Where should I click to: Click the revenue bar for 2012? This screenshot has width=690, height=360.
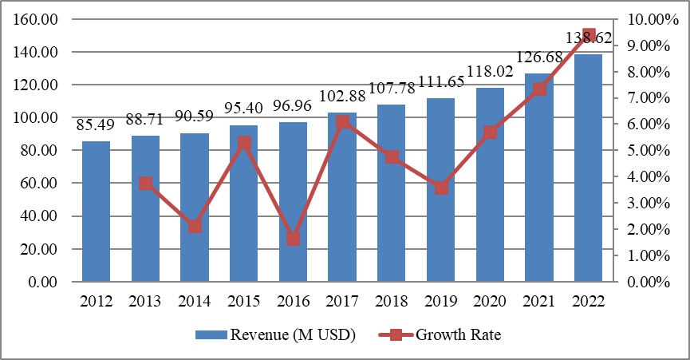pos(96,212)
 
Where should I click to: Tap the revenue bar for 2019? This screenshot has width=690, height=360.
pos(440,231)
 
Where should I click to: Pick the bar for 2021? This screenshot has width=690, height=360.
pos(539,200)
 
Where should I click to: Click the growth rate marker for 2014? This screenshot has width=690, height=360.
pos(195,226)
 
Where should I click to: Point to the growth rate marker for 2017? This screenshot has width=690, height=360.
pos(342,122)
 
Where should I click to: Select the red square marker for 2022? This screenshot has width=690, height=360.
pos(589,35)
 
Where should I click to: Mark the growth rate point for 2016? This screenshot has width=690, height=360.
pos(293,239)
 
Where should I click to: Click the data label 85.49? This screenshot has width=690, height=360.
pos(96,125)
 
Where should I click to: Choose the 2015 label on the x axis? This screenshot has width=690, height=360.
pos(243,302)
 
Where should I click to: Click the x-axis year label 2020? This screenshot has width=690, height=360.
pos(490,302)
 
